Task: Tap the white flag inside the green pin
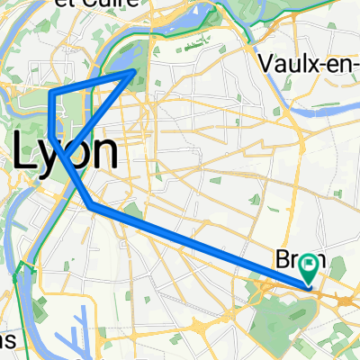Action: tap(310, 265)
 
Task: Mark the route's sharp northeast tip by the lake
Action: tap(136, 70)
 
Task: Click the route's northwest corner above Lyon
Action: tap(50, 94)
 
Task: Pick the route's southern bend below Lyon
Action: tap(92, 206)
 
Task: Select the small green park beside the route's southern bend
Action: tap(132, 211)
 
